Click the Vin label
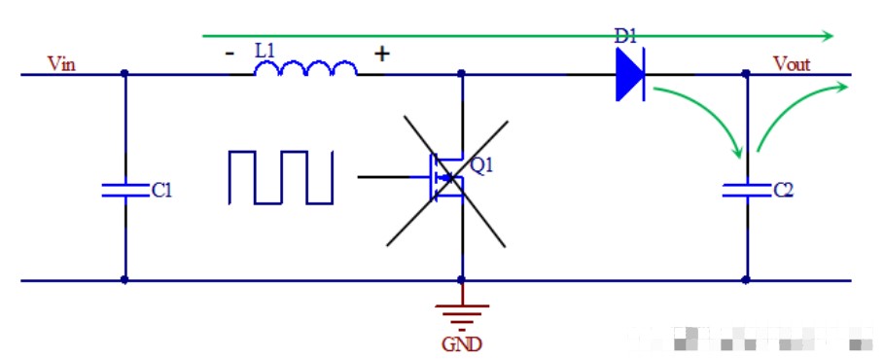pos(61,64)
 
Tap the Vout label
pos(792,64)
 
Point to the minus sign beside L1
pos(229,54)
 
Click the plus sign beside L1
pos(382,54)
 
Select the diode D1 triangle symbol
pos(630,75)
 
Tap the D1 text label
pos(624,37)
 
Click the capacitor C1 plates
pos(125,190)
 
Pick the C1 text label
pos(161,191)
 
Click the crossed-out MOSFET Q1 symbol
pos(446,177)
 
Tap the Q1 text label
pos(481,165)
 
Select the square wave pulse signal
pos(280,177)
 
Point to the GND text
pos(462,343)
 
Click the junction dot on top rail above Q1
pos(462,74)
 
